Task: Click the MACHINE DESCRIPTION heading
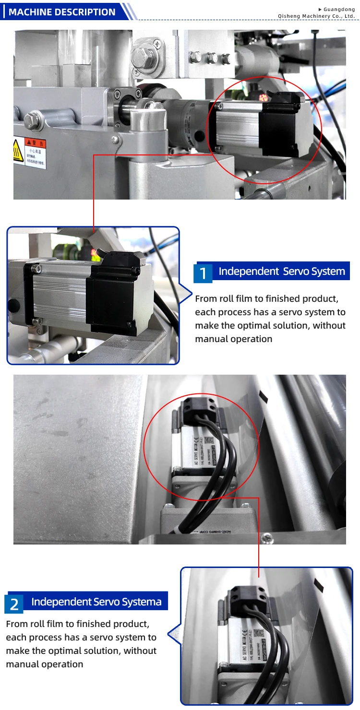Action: (x=62, y=12)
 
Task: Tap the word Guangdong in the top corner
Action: (x=339, y=9)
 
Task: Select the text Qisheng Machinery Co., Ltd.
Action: (x=316, y=16)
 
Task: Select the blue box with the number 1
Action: (x=203, y=273)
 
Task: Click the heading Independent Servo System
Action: (x=282, y=271)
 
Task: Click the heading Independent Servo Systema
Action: (x=96, y=602)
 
